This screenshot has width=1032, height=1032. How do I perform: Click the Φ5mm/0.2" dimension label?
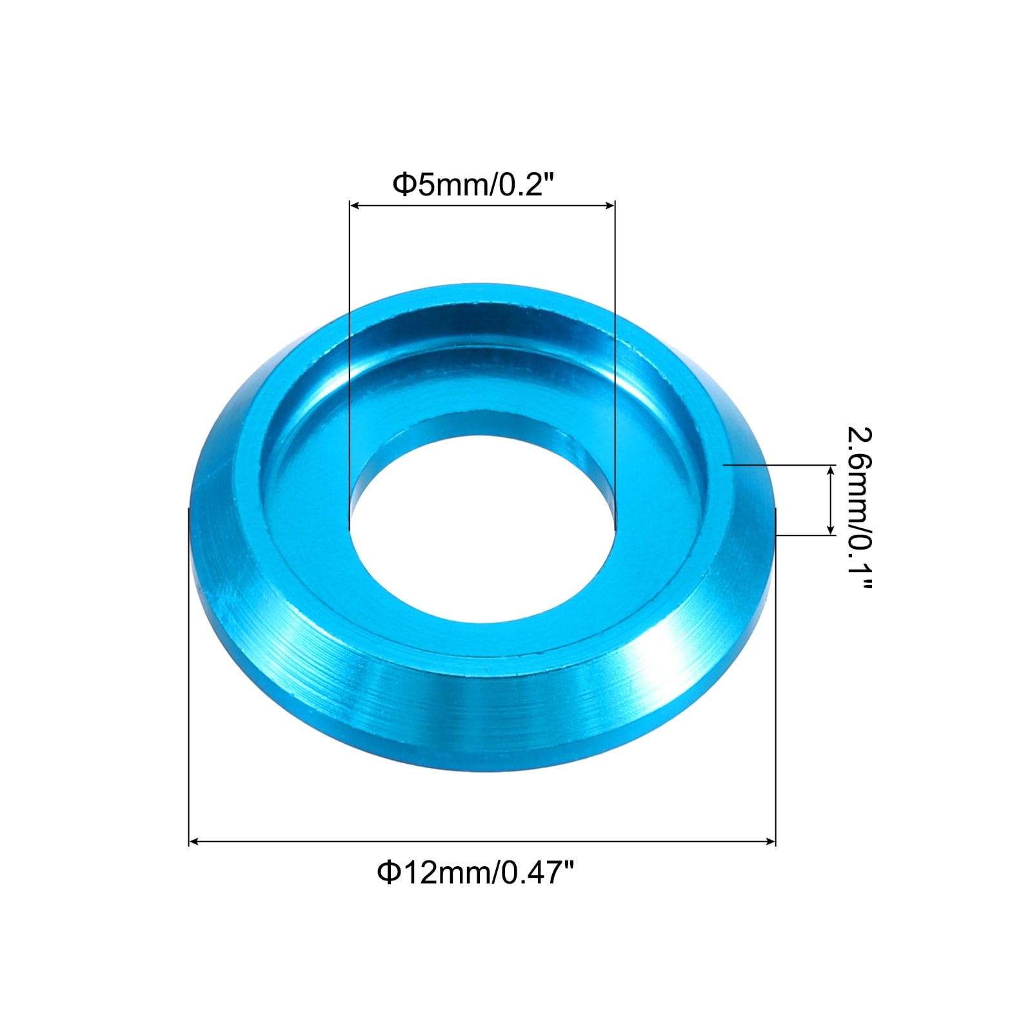(x=474, y=185)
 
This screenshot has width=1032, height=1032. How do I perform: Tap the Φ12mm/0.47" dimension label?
(x=475, y=873)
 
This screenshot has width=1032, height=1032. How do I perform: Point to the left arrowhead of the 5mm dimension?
(x=354, y=206)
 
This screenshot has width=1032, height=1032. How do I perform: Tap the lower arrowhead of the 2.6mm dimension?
(x=831, y=530)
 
